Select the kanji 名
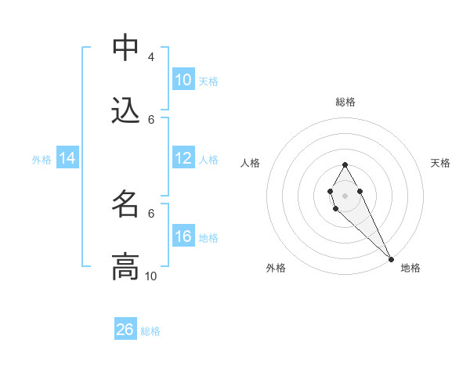pyautogui.click(x=125, y=204)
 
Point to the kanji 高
pyautogui.click(x=125, y=266)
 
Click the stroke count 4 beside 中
pyautogui.click(x=150, y=57)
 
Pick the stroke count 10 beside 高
pyautogui.click(x=151, y=276)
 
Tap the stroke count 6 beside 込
pyautogui.click(x=151, y=119)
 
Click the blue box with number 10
pyautogui.click(x=183, y=80)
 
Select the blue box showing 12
pyautogui.click(x=183, y=158)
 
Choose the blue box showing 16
pyautogui.click(x=183, y=236)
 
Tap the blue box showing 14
pyautogui.click(x=67, y=158)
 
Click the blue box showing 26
pyautogui.click(x=125, y=330)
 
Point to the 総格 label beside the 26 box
pyautogui.click(x=150, y=331)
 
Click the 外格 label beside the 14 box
pyautogui.click(x=42, y=160)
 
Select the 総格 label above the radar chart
pyautogui.click(x=345, y=102)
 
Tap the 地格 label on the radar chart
pyautogui.click(x=410, y=268)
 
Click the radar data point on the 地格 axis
pyautogui.click(x=391, y=258)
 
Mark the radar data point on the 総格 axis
pyautogui.click(x=345, y=164)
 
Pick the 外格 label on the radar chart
pyautogui.click(x=276, y=268)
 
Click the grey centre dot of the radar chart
pyautogui.click(x=345, y=194)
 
